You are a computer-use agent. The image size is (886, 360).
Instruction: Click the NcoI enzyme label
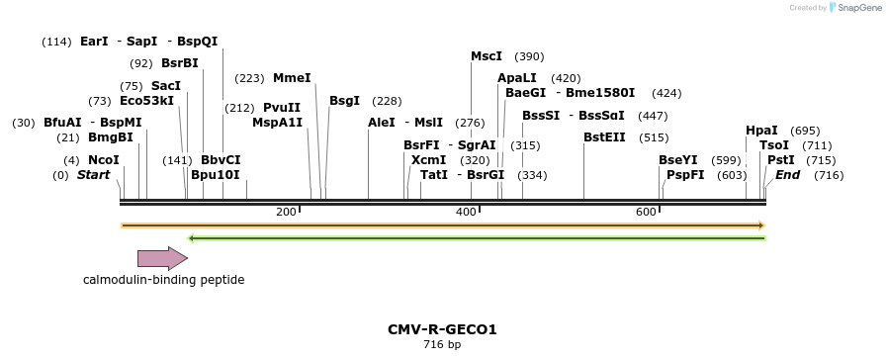coord(103,160)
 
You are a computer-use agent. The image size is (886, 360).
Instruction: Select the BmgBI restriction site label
coord(110,137)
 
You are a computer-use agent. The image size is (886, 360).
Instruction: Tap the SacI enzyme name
coord(165,86)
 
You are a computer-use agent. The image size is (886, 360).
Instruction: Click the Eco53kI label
coord(146,101)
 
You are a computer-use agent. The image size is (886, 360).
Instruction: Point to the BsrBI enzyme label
coord(180,63)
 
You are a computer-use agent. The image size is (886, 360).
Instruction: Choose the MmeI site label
coord(292,78)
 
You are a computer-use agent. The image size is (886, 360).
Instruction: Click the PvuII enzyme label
coord(282,108)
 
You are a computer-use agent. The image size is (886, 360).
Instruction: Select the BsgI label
coord(344,101)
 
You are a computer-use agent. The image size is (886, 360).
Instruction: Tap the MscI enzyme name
coord(487,56)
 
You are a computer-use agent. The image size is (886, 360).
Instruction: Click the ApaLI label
coord(517,78)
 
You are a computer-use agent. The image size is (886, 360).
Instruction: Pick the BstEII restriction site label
coord(604,137)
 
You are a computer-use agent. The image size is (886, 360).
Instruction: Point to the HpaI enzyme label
coord(761,131)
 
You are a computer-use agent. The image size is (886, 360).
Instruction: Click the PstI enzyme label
coord(781,160)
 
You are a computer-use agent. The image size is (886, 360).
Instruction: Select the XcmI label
coord(428,160)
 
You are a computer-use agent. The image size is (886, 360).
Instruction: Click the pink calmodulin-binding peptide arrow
coord(162,259)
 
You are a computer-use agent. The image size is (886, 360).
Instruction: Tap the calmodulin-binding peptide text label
coord(163,280)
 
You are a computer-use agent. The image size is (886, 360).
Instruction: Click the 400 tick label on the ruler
coord(466,213)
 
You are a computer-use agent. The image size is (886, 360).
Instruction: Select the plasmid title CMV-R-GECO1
coord(442,328)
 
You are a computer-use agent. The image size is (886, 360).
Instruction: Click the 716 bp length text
coord(442,344)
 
